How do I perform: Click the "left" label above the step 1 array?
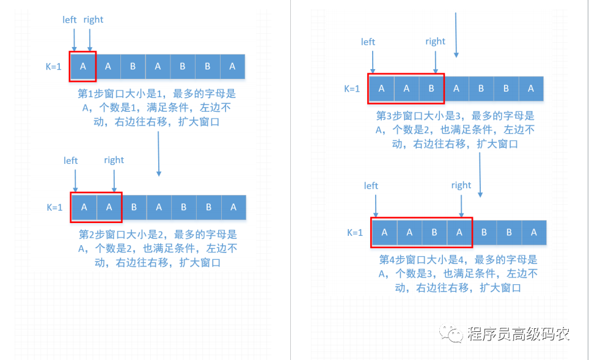[70, 20]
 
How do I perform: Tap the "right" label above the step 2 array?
[114, 160]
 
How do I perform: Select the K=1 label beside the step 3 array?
[352, 89]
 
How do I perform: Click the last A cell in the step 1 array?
[233, 67]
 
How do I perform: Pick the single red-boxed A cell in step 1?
[83, 67]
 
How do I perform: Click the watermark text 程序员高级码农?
[518, 334]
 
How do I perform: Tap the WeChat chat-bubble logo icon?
[451, 333]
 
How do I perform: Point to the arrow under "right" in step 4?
[461, 205]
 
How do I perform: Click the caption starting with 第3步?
[455, 130]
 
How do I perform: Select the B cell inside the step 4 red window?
[434, 233]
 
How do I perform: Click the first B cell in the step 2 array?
[134, 207]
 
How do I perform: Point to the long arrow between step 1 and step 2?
[158, 153]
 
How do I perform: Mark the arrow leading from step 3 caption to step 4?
[480, 175]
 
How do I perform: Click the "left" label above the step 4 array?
[371, 186]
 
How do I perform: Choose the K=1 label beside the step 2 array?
[54, 207]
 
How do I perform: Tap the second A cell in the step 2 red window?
[109, 207]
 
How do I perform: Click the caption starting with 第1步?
[156, 108]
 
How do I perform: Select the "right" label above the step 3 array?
[435, 42]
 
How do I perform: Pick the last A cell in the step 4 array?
[534, 233]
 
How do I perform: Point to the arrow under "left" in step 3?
[373, 62]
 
